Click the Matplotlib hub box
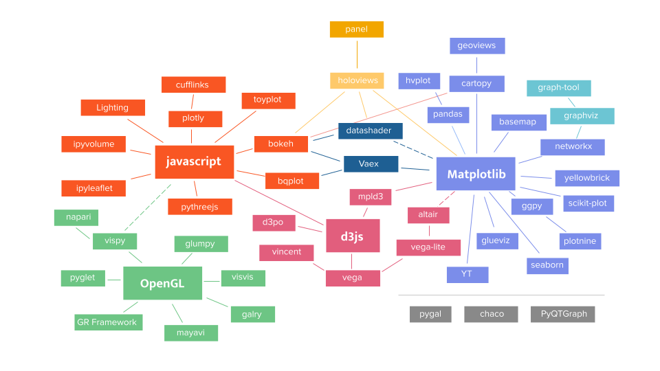point(476,174)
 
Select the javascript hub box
point(194,161)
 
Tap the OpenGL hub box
point(162,283)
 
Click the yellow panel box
point(356,30)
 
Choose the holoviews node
point(357,80)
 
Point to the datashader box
point(370,131)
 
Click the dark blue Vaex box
point(370,164)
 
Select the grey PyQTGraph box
point(563,314)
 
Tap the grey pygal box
point(430,314)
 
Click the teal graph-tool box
point(558,88)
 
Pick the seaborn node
point(547,265)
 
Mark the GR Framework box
point(108,322)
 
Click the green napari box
point(76,217)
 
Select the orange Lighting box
point(113,108)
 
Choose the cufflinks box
point(193,85)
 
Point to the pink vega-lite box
point(428,247)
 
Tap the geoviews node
point(476,46)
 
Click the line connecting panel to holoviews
point(357,55)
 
